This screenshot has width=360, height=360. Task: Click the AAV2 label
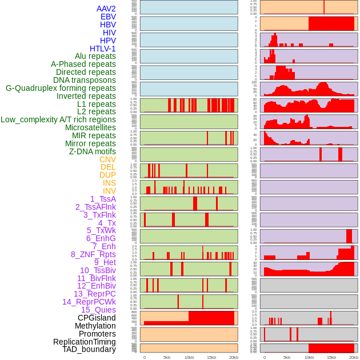pos(106,9)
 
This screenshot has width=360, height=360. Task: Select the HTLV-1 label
pos(102,49)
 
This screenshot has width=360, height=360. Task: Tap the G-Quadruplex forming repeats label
pos(61,88)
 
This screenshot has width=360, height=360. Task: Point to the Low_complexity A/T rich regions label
pos(58,119)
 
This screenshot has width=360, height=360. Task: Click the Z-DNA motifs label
pos(92,151)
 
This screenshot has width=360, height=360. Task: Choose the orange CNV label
pos(107,159)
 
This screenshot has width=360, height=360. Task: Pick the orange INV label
pos(109,191)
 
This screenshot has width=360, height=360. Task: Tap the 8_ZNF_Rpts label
pos(93,254)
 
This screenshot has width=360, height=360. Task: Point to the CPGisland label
pos(97,318)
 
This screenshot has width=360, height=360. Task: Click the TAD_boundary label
pos(89,349)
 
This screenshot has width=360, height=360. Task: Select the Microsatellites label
pos(90,127)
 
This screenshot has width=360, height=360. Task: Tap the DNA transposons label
pos(85,80)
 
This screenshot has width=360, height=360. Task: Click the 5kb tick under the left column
pos(167,357)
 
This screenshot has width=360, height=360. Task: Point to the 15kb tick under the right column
pos(331,357)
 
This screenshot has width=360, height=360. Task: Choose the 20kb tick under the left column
pos(234,357)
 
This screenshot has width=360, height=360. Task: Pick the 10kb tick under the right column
pos(309,357)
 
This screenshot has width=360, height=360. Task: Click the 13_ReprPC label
pos(94,294)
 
